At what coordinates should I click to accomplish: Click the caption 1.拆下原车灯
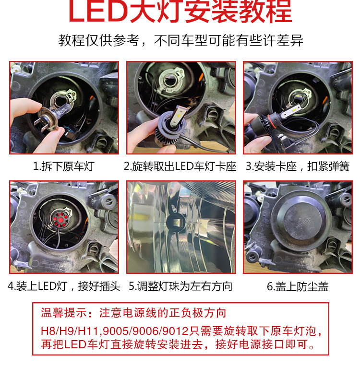tap(63, 166)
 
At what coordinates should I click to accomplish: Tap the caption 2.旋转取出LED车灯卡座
tap(180, 166)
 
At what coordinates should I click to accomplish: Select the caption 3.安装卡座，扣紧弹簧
tap(298, 166)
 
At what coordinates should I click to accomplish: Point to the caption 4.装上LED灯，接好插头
tap(64, 286)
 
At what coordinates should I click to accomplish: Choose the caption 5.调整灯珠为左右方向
tap(180, 286)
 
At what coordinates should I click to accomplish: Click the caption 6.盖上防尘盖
tap(298, 286)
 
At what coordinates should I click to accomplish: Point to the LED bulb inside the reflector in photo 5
tap(176, 221)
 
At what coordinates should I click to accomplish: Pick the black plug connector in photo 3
tap(286, 142)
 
